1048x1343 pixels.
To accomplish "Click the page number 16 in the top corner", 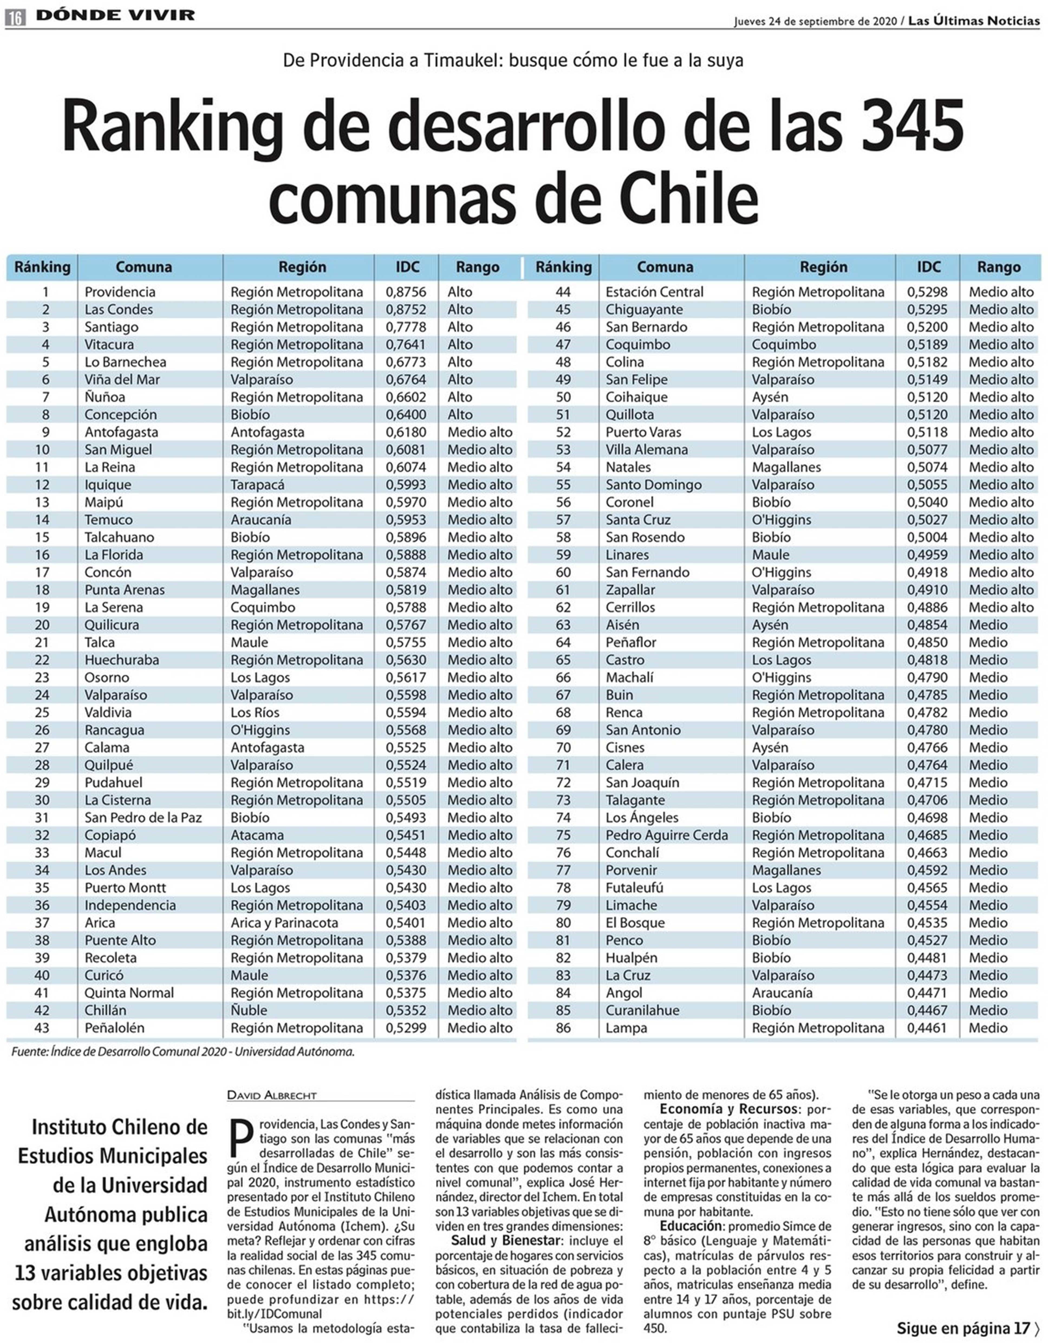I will click(15, 18).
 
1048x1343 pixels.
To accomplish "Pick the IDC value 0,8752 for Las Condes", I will click(405, 309).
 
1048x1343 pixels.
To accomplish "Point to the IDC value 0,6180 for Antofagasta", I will click(405, 432).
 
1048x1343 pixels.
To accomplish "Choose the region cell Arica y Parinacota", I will click(284, 923).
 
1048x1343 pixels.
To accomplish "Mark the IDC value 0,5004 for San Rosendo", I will click(927, 537).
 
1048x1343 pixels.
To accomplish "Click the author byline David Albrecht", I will click(272, 1095).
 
